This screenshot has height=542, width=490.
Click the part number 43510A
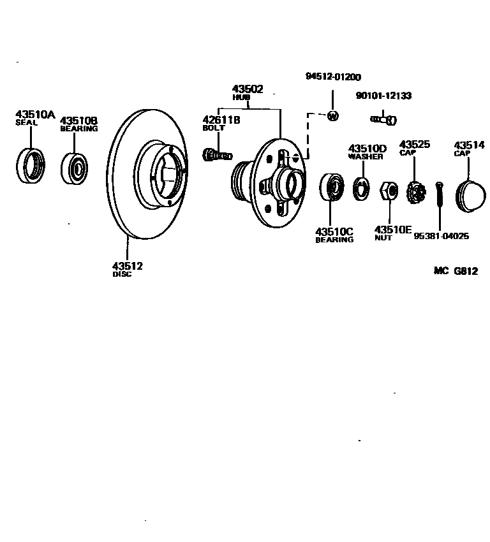pyautogui.click(x=35, y=115)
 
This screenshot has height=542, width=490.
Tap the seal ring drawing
pyautogui.click(x=31, y=165)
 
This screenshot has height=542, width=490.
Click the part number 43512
pyautogui.click(x=127, y=266)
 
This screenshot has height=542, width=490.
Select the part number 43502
pyautogui.click(x=247, y=89)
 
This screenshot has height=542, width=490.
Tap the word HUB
pyautogui.click(x=241, y=98)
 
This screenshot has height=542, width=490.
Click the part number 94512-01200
pyautogui.click(x=333, y=77)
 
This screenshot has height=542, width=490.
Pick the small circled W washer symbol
pyautogui.click(x=332, y=116)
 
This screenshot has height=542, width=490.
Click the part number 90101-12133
pyautogui.click(x=383, y=96)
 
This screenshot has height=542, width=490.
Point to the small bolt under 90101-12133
pyautogui.click(x=383, y=118)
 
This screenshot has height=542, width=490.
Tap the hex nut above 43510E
pyautogui.click(x=389, y=191)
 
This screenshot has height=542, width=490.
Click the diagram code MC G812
pyautogui.click(x=456, y=270)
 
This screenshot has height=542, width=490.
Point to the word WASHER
pyautogui.click(x=365, y=156)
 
